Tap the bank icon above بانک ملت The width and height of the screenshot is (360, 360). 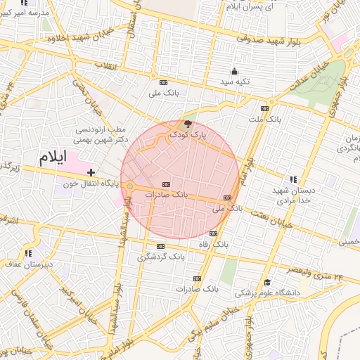tap(264, 108)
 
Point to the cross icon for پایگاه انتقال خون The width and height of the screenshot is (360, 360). tap(91, 172)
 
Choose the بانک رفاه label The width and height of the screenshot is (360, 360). tap(214, 244)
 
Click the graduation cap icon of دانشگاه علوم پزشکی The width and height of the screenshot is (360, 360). tap(266, 282)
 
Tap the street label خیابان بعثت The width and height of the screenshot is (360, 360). tap(266, 212)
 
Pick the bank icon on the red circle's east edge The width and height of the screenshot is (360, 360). tap(227, 198)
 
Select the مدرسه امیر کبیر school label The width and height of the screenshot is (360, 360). tap(25, 13)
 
